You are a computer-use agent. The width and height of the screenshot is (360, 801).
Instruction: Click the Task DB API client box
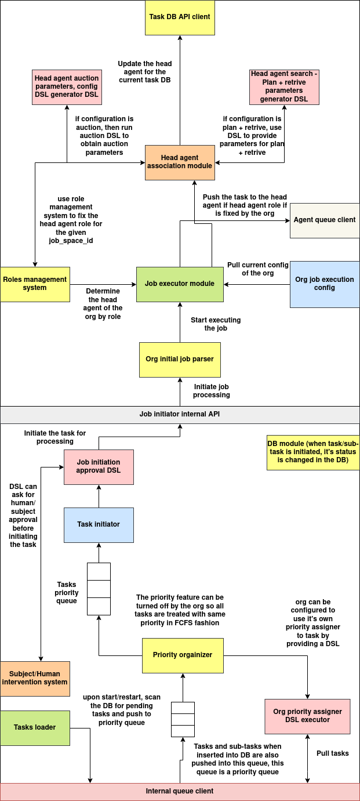[x=180, y=17]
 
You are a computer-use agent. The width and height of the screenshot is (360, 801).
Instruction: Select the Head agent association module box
[x=180, y=162]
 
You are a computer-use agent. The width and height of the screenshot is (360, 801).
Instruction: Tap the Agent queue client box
[x=325, y=220]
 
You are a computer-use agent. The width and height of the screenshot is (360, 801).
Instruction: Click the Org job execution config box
[x=325, y=284]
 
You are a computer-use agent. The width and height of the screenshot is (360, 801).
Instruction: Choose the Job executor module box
[x=180, y=284]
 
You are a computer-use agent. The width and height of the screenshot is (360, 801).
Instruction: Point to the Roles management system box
[x=35, y=284]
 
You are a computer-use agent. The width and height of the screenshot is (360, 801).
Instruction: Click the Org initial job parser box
[x=180, y=359]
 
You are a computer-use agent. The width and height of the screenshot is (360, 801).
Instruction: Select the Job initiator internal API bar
[x=180, y=414]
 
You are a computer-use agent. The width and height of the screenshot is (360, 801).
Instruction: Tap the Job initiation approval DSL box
[x=99, y=466]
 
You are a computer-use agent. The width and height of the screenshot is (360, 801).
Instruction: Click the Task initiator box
[x=99, y=524]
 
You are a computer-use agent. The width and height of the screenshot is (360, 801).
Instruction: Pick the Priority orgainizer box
[x=183, y=655]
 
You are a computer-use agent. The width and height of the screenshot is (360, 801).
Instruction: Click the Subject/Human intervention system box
[x=35, y=678]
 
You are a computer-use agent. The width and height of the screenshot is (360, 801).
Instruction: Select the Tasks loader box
[x=35, y=727]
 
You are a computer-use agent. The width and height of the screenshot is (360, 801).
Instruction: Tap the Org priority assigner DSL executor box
[x=307, y=716]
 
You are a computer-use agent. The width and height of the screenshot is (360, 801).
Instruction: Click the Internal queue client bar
[x=180, y=791]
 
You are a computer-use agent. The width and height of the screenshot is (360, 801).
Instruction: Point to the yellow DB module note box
[x=313, y=452]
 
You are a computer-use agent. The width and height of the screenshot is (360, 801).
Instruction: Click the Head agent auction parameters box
[x=67, y=86]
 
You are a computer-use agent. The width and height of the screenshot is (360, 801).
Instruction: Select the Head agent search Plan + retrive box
[x=284, y=86]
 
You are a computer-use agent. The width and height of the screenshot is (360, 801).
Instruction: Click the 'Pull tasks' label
[x=333, y=753]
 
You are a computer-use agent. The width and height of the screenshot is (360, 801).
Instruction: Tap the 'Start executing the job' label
[x=216, y=324]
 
